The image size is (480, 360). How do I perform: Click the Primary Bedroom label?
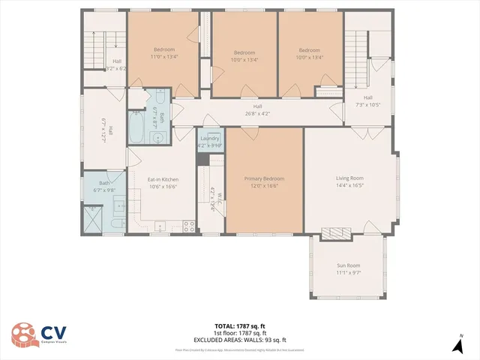[x=264, y=178]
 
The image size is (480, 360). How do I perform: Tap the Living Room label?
[x=349, y=178]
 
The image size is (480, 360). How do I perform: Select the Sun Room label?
[x=348, y=265]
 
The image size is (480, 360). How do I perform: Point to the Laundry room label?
[x=209, y=139]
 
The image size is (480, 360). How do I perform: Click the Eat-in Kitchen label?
[x=163, y=179]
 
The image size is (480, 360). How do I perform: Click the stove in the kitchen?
[x=189, y=225]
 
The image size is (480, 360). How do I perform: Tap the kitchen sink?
[x=160, y=226]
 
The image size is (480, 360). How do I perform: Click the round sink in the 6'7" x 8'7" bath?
[x=158, y=137]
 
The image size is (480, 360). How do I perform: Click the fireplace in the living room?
[x=334, y=233]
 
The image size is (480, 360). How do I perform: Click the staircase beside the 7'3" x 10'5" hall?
[x=358, y=54]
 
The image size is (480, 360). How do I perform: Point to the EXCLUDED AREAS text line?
[x=240, y=340]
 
